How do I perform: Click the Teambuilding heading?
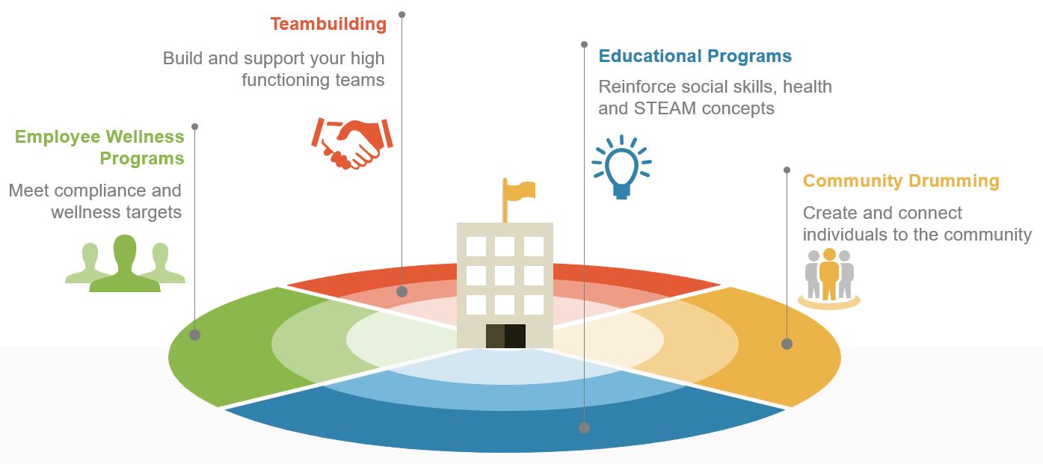coord(328,24)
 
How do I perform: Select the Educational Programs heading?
coord(695,56)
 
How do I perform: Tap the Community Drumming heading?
coord(901,181)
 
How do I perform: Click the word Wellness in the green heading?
coord(145,137)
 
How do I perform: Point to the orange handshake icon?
coord(352,143)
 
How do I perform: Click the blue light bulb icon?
coord(621,167)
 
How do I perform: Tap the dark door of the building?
coord(505,336)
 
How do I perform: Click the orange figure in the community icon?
coord(829,274)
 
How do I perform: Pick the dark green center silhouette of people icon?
coord(125,265)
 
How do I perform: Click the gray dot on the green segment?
coord(195,335)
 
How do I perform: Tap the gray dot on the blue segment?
coord(585,427)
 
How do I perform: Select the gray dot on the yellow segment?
coord(787,344)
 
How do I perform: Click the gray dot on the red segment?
coord(401,291)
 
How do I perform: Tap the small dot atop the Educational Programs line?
coord(585,45)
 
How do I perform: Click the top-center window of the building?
coord(505,246)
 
